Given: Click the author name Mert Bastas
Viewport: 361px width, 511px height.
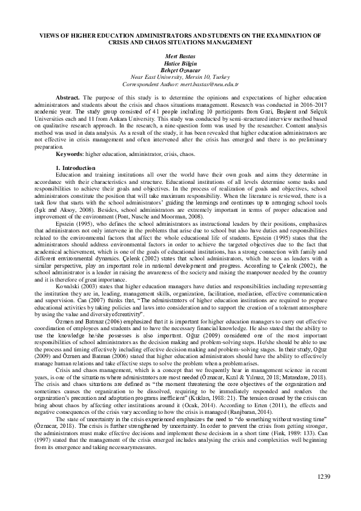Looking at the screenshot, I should [x=180, y=56].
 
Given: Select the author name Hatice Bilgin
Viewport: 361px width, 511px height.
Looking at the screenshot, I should [x=180, y=64].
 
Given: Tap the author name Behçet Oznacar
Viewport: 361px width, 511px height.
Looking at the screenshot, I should [x=180, y=70].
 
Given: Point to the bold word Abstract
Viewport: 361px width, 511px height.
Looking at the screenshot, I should [x=68, y=98].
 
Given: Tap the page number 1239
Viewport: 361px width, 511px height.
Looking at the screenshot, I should [x=324, y=477].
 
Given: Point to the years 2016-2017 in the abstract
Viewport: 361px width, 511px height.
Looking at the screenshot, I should [x=310, y=104].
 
